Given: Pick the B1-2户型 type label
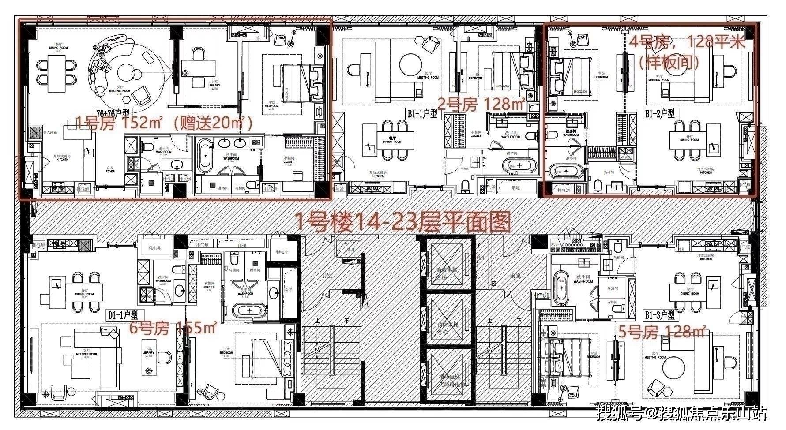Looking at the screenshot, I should pos(660,114).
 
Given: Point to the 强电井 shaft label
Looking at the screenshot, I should pos(154,248).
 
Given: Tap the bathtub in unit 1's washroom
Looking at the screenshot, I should pos(205,157).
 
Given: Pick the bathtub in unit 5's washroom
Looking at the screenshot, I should pos(561,289).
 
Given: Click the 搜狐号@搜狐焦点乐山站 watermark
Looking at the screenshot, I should pos(682,413).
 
